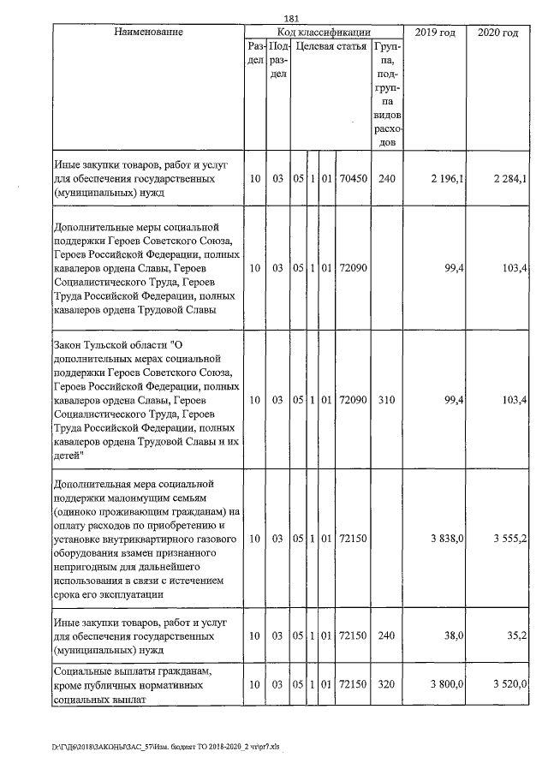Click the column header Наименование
pyautogui.click(x=147, y=32)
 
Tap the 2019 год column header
pyautogui.click(x=434, y=32)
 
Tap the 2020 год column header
pyautogui.click(x=498, y=32)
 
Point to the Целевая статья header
pyautogui.click(x=331, y=45)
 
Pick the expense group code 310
pyautogui.click(x=386, y=400)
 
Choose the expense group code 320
pyautogui.click(x=386, y=686)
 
